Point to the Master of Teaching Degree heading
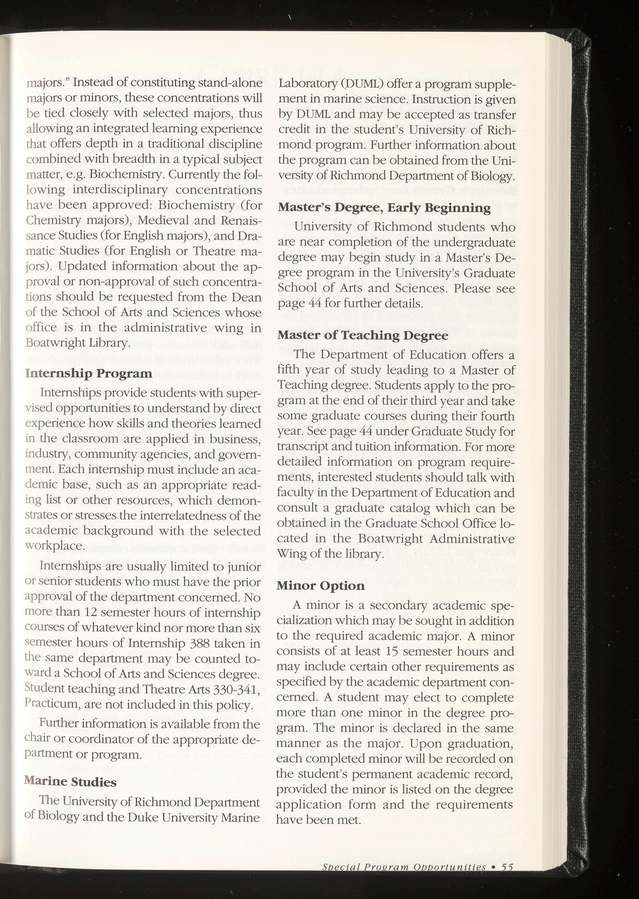[363, 335]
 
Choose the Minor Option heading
[321, 585]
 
